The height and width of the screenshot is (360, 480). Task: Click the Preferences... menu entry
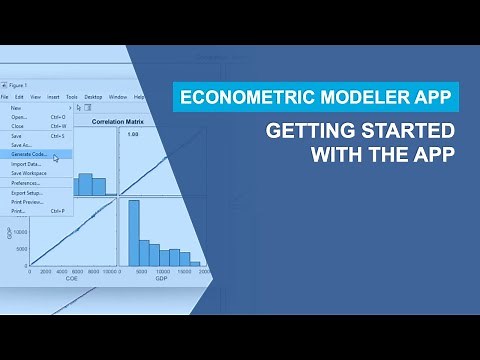click(25, 183)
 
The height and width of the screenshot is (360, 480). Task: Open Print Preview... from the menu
click(27, 201)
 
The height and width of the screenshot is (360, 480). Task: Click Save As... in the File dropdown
click(21, 145)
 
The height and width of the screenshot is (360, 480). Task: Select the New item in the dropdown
click(15, 107)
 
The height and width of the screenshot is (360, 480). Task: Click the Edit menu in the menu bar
click(20, 97)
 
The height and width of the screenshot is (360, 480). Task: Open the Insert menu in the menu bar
click(51, 97)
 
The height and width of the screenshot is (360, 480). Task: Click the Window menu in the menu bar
click(117, 97)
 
